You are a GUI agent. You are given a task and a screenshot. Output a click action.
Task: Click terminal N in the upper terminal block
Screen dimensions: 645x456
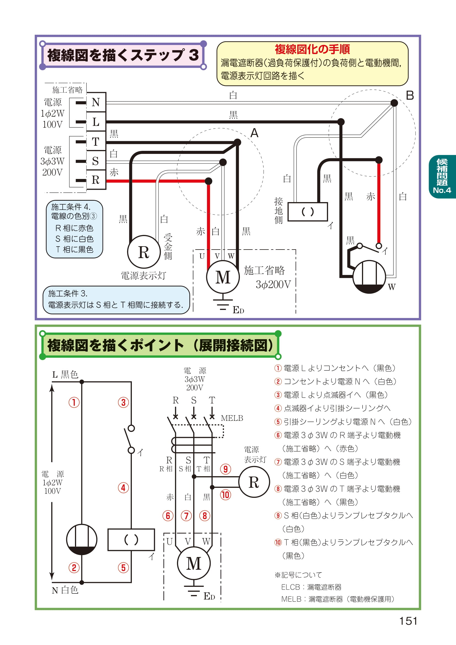96,102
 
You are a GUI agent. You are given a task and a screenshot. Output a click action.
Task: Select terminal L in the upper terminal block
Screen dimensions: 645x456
96,122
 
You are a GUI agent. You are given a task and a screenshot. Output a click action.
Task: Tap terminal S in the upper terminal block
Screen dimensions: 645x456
96,161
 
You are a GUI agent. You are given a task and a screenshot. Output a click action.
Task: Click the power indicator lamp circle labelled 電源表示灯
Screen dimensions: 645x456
143,252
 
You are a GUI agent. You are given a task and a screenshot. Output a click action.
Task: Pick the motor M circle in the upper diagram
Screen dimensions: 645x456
223,277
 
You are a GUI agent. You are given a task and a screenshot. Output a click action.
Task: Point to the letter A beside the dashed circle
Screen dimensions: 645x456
254,133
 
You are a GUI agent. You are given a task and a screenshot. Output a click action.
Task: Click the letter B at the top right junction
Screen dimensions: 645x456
410,95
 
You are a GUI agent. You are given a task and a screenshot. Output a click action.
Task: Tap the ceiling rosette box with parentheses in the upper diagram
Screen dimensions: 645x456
307,212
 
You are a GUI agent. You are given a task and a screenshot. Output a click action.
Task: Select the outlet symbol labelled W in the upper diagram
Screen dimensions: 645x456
369,277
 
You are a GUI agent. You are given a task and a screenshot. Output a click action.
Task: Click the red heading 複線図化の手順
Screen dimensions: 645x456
312,49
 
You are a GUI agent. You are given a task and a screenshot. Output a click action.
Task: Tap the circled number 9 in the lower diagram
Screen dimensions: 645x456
226,469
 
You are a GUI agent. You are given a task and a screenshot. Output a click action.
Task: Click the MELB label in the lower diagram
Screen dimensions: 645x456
232,418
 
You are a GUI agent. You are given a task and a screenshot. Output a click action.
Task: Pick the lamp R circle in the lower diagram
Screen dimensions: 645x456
254,482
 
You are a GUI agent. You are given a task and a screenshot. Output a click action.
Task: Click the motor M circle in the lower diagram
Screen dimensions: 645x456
194,563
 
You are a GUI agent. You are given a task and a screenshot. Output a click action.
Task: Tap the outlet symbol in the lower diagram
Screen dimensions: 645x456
82,539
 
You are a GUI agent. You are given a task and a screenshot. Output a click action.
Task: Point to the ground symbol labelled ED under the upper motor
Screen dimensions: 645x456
223,305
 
